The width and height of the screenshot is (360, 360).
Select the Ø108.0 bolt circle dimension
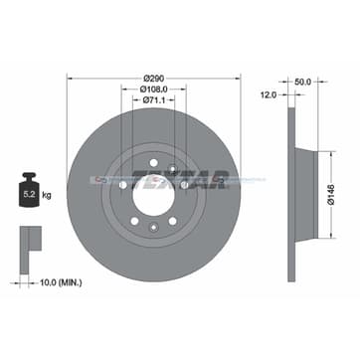(x=154, y=88)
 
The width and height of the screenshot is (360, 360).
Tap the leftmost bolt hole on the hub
(x=122, y=184)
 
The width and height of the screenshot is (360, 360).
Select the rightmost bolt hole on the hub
(x=185, y=184)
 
